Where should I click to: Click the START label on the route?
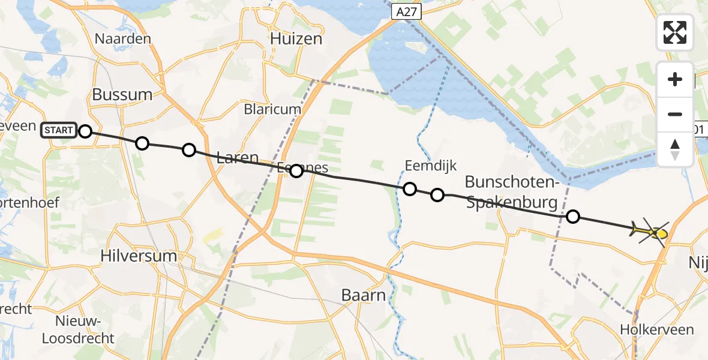click(59, 130)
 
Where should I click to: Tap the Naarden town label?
click(122, 38)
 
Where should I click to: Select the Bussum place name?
click(122, 94)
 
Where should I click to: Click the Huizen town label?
click(296, 38)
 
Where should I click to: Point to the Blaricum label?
click(272, 109)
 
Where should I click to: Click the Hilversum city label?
click(139, 256)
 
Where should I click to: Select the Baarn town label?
click(362, 295)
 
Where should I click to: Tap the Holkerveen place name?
click(665, 329)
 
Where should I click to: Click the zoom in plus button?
click(675, 79)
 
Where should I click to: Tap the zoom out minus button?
click(675, 114)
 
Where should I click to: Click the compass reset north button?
click(675, 149)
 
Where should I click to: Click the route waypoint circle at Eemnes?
click(296, 171)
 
